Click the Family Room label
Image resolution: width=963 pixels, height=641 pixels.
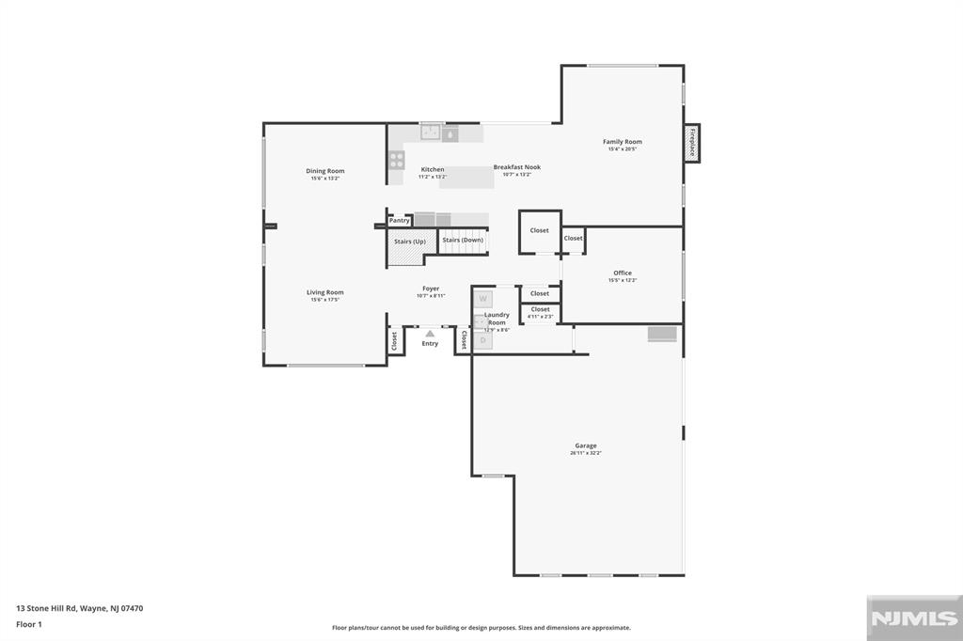(x=623, y=142)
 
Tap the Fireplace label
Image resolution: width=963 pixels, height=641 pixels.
(x=692, y=143)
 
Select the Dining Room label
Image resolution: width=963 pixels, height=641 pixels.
(x=325, y=171)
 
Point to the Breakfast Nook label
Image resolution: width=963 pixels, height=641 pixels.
(x=517, y=167)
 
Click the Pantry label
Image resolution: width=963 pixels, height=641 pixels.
(x=400, y=221)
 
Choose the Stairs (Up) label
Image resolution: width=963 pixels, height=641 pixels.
(x=410, y=242)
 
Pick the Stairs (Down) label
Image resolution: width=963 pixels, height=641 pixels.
(x=464, y=240)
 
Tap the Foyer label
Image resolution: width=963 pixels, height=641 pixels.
(x=431, y=289)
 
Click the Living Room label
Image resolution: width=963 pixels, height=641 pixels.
(x=325, y=292)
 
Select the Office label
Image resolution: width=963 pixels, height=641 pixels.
(x=623, y=274)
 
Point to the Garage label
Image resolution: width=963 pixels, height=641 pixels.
(x=586, y=446)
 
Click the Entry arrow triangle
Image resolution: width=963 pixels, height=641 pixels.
(x=430, y=333)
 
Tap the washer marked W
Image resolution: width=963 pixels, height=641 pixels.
(x=482, y=299)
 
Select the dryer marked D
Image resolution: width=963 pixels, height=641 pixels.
(x=482, y=340)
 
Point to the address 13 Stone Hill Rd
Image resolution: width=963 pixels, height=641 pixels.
(x=79, y=608)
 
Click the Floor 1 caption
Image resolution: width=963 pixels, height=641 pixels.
(x=29, y=623)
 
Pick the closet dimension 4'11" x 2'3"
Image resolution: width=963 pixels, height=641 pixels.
(x=541, y=317)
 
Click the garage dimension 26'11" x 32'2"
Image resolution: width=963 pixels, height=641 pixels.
(x=586, y=453)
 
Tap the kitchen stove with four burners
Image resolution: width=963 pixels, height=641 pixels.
(x=397, y=160)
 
